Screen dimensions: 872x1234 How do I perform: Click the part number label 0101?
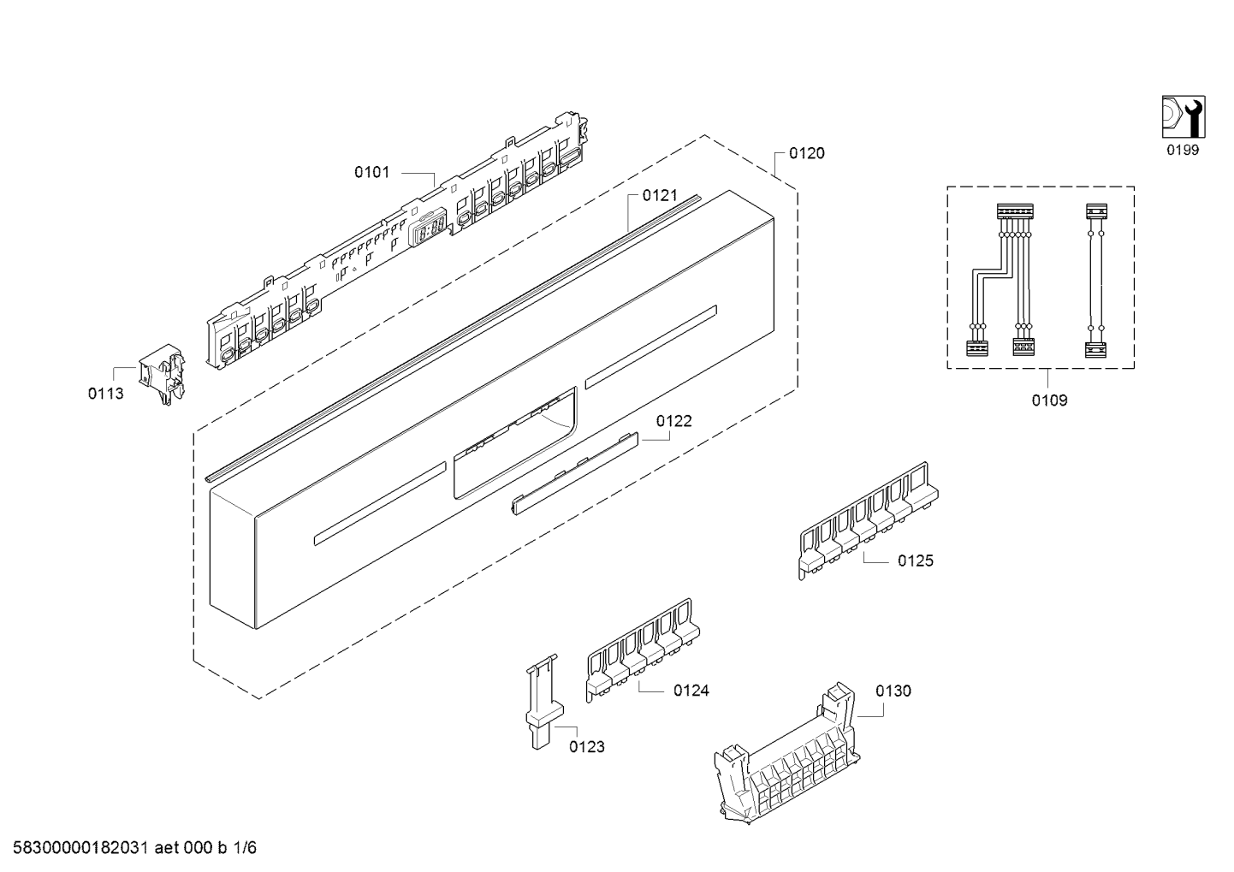click(371, 172)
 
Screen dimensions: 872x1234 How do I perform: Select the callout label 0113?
click(105, 394)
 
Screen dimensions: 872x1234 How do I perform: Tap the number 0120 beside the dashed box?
click(806, 153)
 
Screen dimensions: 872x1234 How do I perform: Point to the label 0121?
click(660, 195)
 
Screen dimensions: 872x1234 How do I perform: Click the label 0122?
click(674, 421)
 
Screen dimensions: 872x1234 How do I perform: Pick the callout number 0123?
click(586, 746)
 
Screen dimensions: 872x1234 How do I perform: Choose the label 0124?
click(691, 690)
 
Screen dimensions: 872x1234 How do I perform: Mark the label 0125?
click(915, 561)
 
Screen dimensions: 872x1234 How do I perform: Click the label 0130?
click(893, 691)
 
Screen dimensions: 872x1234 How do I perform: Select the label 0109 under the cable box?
click(1049, 400)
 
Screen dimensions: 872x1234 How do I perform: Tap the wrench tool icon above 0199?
click(1183, 117)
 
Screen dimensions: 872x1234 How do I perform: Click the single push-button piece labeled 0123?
click(540, 702)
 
